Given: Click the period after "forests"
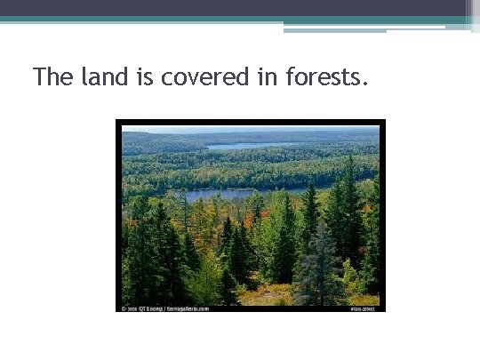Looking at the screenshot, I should point(364,84).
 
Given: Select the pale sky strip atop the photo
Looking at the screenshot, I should point(249,130).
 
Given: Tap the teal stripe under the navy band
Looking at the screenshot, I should point(222,19).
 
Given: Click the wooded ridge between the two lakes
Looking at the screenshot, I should point(249,169).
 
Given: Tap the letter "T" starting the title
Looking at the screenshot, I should point(39,76).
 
